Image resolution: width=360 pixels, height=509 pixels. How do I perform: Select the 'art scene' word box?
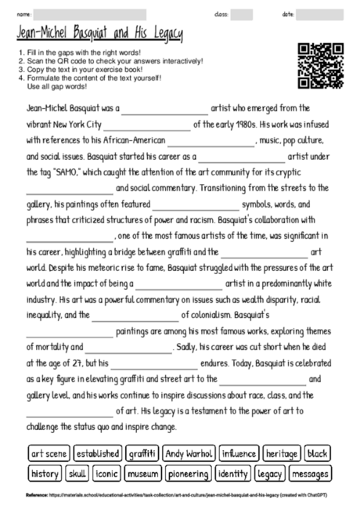pyautogui.click(x=48, y=453)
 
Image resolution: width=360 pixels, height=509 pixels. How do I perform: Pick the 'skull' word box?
pyautogui.click(x=78, y=474)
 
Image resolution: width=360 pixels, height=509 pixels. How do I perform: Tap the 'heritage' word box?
pyautogui.click(x=282, y=453)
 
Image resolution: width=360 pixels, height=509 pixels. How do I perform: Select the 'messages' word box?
pyautogui.click(x=310, y=474)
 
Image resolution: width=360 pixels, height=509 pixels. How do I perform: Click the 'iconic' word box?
pyautogui.click(x=106, y=474)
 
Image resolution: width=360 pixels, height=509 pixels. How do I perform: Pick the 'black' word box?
pyautogui.click(x=318, y=453)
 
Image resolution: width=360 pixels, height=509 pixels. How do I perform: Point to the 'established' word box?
pyautogui.click(x=98, y=453)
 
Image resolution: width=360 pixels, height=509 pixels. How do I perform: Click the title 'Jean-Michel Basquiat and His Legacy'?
pyautogui.click(x=99, y=34)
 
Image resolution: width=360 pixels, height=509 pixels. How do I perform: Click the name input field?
pyautogui.click(x=91, y=14)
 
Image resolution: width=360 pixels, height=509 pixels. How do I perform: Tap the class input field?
pyautogui.click(x=241, y=14)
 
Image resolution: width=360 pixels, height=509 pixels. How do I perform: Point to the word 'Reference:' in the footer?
pyautogui.click(x=37, y=496)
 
